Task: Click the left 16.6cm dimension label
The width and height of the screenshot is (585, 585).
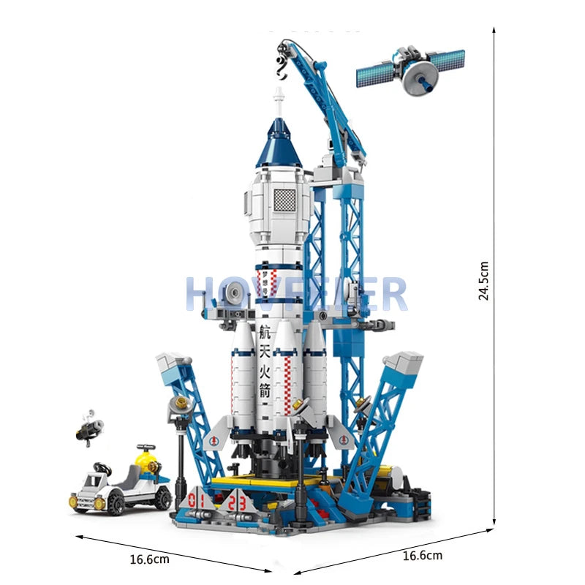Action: pyautogui.click(x=149, y=560)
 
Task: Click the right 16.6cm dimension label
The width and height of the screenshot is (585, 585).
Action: pyautogui.click(x=422, y=556)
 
